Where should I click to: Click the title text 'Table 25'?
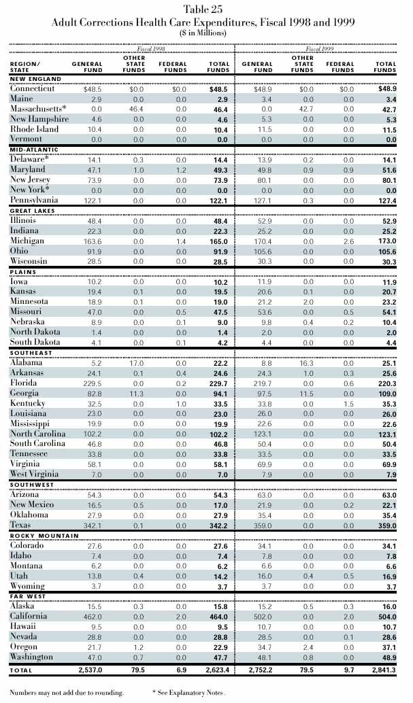pos(206,8)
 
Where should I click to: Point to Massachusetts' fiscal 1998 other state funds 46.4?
pos(139,109)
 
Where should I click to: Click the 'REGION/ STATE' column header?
pos(25,67)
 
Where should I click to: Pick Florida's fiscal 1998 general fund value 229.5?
pos(92,383)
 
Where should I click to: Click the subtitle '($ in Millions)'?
pos(206,32)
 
